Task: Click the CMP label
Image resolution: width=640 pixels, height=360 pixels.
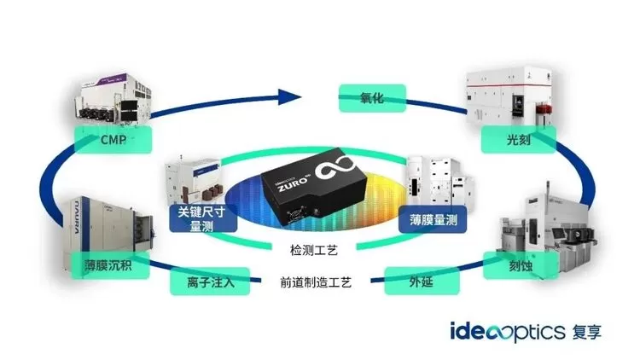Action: [x=113, y=139]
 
